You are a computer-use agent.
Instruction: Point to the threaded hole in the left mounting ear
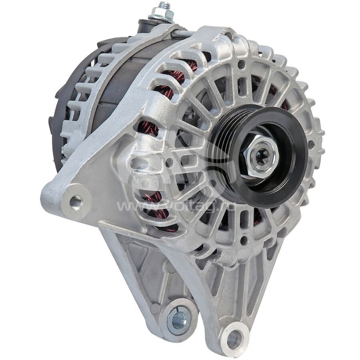coord(75,200)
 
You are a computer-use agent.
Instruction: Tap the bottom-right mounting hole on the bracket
coord(234,339)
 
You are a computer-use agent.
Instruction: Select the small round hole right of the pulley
coord(311,144)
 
